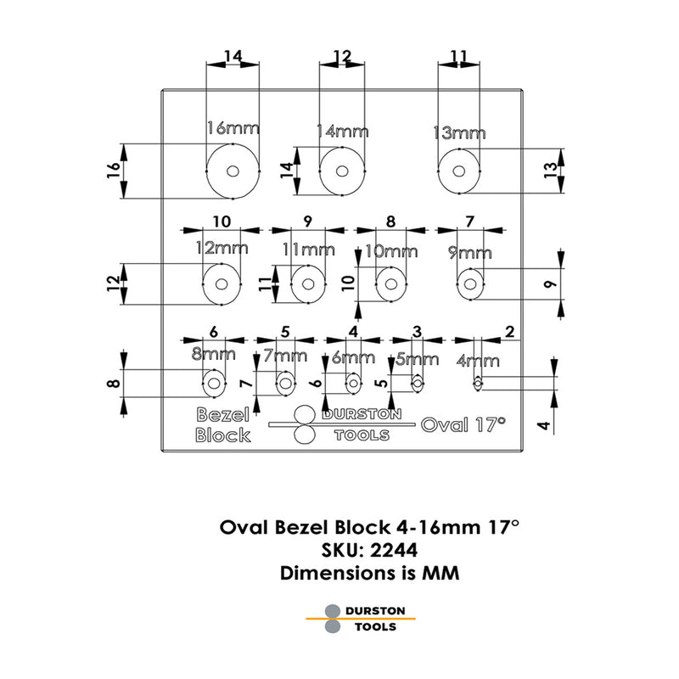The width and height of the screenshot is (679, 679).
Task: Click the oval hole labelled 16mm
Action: coord(233,171)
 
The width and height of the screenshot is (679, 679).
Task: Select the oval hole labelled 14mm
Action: coord(341,171)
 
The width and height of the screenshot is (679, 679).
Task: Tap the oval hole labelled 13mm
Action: coord(458,171)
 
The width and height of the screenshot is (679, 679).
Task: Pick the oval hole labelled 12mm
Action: coord(222,284)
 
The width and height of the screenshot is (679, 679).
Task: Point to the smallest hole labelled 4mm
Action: coord(479,384)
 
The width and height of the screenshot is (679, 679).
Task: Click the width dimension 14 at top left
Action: coord(233,56)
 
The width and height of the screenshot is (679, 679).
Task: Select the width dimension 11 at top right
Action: coord(458,56)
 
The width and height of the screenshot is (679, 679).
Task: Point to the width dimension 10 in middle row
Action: coord(222,222)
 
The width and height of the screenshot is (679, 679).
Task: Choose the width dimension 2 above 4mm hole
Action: coord(509,332)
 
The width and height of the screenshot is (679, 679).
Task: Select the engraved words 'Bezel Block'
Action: coord(222,425)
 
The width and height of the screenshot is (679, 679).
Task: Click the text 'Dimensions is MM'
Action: coord(370,573)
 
